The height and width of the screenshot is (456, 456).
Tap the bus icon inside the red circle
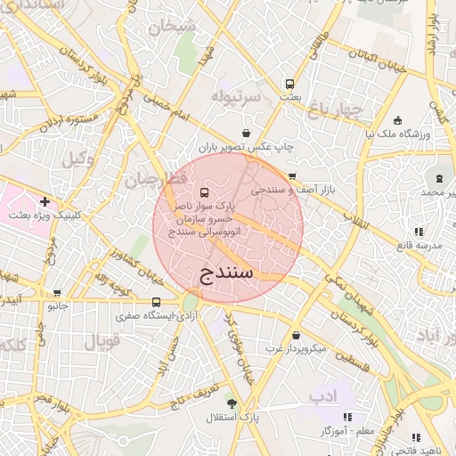[206, 192]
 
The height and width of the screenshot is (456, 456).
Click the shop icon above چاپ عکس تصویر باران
[232, 133]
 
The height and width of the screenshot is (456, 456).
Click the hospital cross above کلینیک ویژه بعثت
[45, 202]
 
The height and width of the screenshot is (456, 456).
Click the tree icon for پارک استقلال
[232, 403]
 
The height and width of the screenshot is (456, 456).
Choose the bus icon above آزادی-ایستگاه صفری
[157, 302]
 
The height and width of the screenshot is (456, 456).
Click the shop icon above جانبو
[58, 292]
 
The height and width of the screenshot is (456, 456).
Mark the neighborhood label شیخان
[173, 27]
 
